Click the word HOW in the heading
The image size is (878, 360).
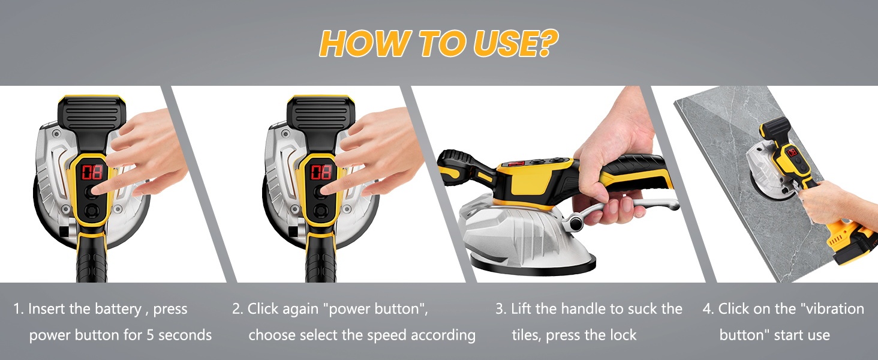click(x=365, y=44)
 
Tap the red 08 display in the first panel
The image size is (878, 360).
click(x=92, y=172)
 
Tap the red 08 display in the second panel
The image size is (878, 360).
click(x=321, y=172)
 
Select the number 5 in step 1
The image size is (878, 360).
click(x=151, y=335)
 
